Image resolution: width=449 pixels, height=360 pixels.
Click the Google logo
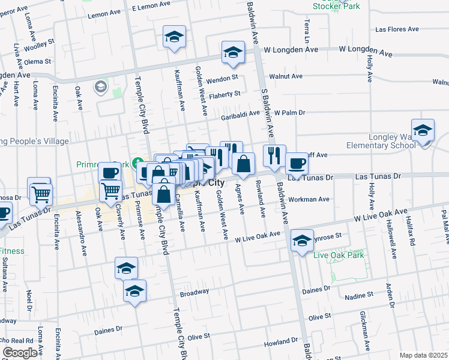click(x=20, y=353)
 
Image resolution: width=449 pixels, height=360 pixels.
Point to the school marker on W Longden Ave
click(x=233, y=52)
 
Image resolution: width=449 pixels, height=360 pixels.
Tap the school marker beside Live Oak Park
click(x=302, y=241)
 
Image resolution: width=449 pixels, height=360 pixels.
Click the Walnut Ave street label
click(x=286, y=76)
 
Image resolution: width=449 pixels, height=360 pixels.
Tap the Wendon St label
click(x=222, y=77)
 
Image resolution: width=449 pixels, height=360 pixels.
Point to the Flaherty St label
click(x=224, y=94)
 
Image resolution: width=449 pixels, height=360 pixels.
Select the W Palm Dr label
click(x=290, y=112)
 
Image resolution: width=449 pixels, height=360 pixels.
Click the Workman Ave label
click(x=309, y=199)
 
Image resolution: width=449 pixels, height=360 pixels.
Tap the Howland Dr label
click(x=281, y=345)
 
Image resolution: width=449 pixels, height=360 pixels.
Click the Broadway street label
click(x=194, y=293)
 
